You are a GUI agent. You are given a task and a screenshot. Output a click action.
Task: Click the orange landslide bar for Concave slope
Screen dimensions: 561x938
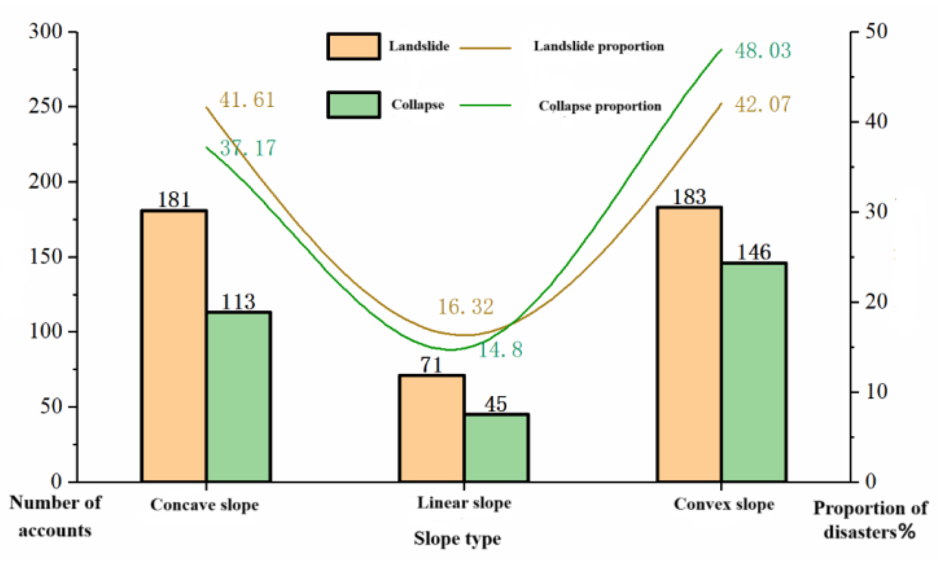[x=174, y=345]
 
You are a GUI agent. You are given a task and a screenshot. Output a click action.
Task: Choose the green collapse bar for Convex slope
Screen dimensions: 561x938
[x=754, y=372]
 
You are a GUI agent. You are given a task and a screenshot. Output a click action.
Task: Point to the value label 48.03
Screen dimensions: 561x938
[x=763, y=51]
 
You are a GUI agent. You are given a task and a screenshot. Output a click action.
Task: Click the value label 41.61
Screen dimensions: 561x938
[x=247, y=100]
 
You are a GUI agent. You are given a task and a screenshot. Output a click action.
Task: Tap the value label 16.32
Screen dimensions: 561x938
[x=465, y=307]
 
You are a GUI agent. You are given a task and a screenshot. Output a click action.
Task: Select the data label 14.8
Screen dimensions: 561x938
[x=501, y=350]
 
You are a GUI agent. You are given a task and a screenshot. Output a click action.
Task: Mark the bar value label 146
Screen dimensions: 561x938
[x=754, y=252]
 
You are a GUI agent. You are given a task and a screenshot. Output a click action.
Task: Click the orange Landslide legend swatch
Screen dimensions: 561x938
[x=353, y=46]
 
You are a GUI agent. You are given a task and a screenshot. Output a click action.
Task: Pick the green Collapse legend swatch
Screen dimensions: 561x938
[x=353, y=105]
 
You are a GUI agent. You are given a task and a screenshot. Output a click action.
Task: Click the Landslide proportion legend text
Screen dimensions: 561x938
[x=599, y=46]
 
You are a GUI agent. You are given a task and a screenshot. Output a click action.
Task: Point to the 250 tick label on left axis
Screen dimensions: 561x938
[x=45, y=106]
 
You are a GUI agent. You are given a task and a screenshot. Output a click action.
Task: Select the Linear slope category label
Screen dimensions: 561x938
[x=464, y=503]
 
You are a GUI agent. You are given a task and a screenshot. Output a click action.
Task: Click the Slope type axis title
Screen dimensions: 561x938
[x=457, y=539]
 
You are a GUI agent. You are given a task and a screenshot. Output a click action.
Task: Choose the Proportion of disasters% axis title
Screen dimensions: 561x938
[x=870, y=520]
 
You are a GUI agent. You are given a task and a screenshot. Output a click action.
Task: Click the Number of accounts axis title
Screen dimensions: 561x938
[x=55, y=517]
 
